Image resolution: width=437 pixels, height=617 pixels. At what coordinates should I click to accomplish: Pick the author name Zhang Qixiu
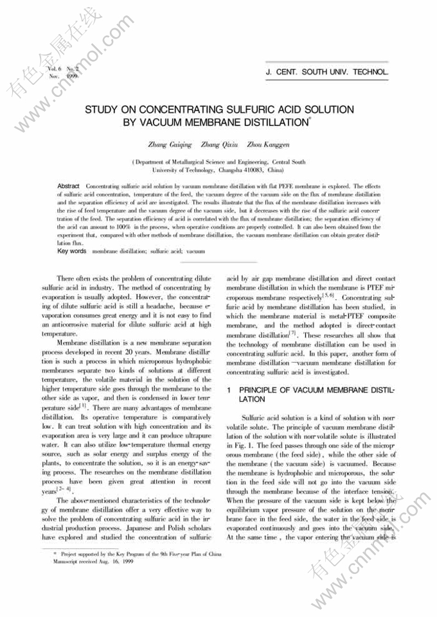220,145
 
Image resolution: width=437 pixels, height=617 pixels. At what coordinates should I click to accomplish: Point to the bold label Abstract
68,185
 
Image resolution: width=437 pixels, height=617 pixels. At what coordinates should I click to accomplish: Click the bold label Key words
72,251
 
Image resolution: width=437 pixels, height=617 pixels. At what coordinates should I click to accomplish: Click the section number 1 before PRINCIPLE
229,390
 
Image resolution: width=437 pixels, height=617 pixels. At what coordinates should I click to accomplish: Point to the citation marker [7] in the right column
292,333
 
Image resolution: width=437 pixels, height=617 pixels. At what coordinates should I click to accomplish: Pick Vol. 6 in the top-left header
55,69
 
